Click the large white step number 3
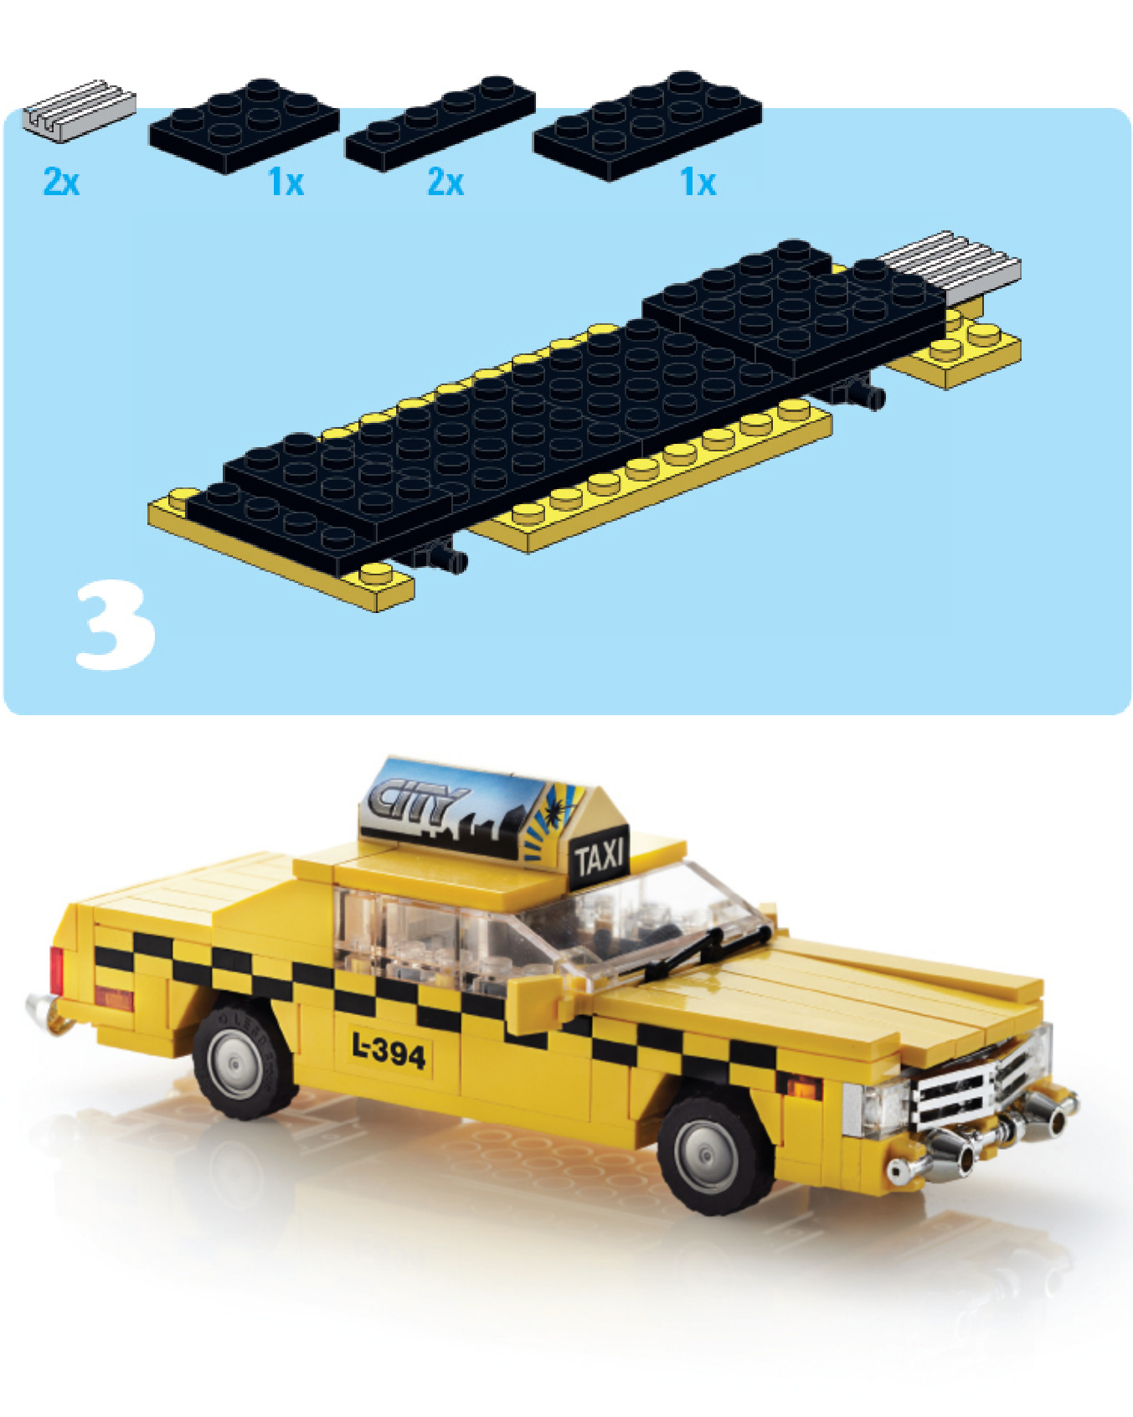tap(116, 626)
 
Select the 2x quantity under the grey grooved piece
tap(61, 182)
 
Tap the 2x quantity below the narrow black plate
tap(445, 182)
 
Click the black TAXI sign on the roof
tap(600, 857)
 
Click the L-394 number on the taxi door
tap(389, 1050)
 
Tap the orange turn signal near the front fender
tap(802, 1086)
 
